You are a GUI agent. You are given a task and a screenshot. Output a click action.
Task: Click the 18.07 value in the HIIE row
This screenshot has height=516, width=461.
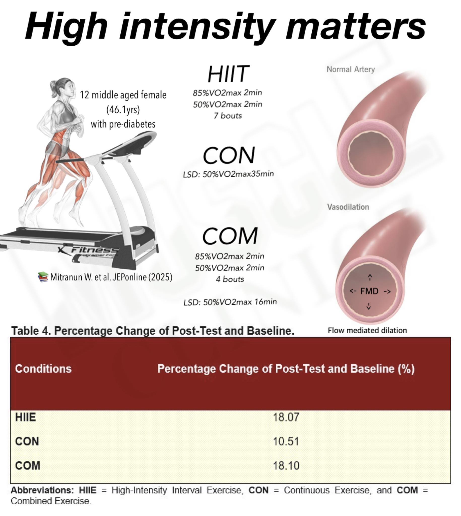[286, 417]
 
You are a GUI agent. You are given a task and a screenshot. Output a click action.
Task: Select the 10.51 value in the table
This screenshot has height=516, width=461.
[286, 441]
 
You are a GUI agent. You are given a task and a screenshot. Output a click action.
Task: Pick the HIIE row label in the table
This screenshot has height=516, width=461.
[25, 417]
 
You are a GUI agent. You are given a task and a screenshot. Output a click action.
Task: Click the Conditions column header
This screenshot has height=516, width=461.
[43, 369]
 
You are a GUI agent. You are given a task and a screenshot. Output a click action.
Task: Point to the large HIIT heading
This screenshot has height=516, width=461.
[228, 74]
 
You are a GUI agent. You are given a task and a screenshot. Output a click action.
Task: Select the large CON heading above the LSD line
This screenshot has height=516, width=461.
[229, 155]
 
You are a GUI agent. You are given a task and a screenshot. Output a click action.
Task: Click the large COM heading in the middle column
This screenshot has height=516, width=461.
[230, 236]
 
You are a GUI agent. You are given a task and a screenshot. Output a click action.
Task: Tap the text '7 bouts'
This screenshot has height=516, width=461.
[228, 116]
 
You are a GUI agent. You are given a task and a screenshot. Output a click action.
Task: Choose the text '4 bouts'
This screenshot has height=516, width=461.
[230, 279]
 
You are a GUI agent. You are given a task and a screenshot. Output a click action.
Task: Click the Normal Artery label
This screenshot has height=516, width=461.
[351, 69]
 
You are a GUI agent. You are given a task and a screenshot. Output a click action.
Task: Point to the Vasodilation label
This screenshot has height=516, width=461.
[348, 207]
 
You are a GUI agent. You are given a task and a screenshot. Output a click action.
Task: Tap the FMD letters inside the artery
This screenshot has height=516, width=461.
[369, 291]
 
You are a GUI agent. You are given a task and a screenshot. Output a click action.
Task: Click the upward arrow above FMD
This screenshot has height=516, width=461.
[370, 277]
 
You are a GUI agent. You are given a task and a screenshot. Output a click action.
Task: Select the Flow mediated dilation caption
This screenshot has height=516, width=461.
[367, 330]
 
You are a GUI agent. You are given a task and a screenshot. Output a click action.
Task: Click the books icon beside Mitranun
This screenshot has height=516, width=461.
[43, 277]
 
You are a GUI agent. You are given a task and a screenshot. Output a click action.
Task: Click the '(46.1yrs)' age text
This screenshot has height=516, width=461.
[123, 110]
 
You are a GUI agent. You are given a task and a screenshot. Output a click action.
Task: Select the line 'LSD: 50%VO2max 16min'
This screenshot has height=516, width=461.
[230, 302]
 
